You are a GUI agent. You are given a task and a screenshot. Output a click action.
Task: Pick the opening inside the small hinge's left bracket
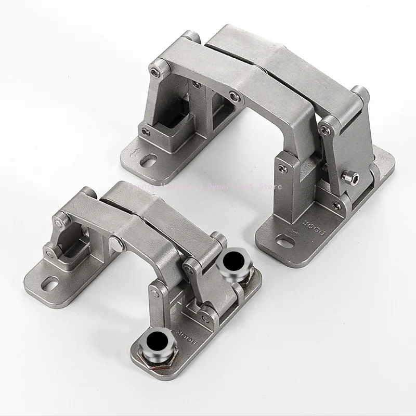coord(72,245)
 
